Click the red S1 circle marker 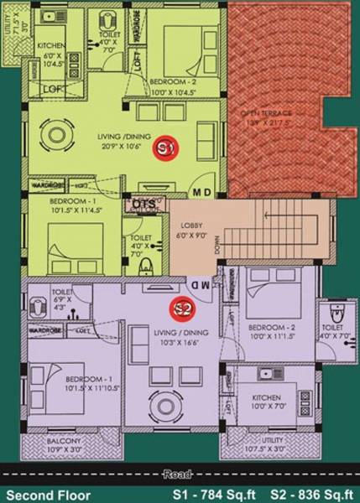(x=165, y=148)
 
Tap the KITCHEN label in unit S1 (x=50, y=46)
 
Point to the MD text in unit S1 (x=202, y=191)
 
